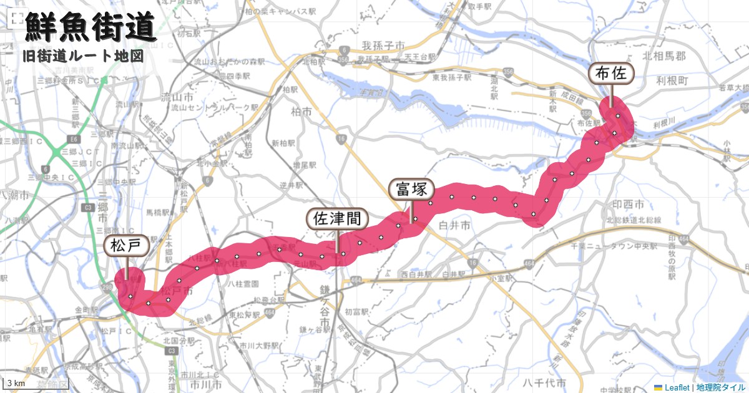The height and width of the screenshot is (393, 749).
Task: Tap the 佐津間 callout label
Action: [337, 218]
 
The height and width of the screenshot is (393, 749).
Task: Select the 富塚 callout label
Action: [411, 189]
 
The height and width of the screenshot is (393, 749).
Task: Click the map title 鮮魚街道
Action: [91, 28]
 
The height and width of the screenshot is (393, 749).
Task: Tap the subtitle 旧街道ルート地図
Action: [82, 56]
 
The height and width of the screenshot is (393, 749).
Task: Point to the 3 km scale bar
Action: [16, 382]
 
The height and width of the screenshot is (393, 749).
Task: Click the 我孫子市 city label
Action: [384, 46]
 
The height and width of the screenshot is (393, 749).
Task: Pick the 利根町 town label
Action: [672, 81]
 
